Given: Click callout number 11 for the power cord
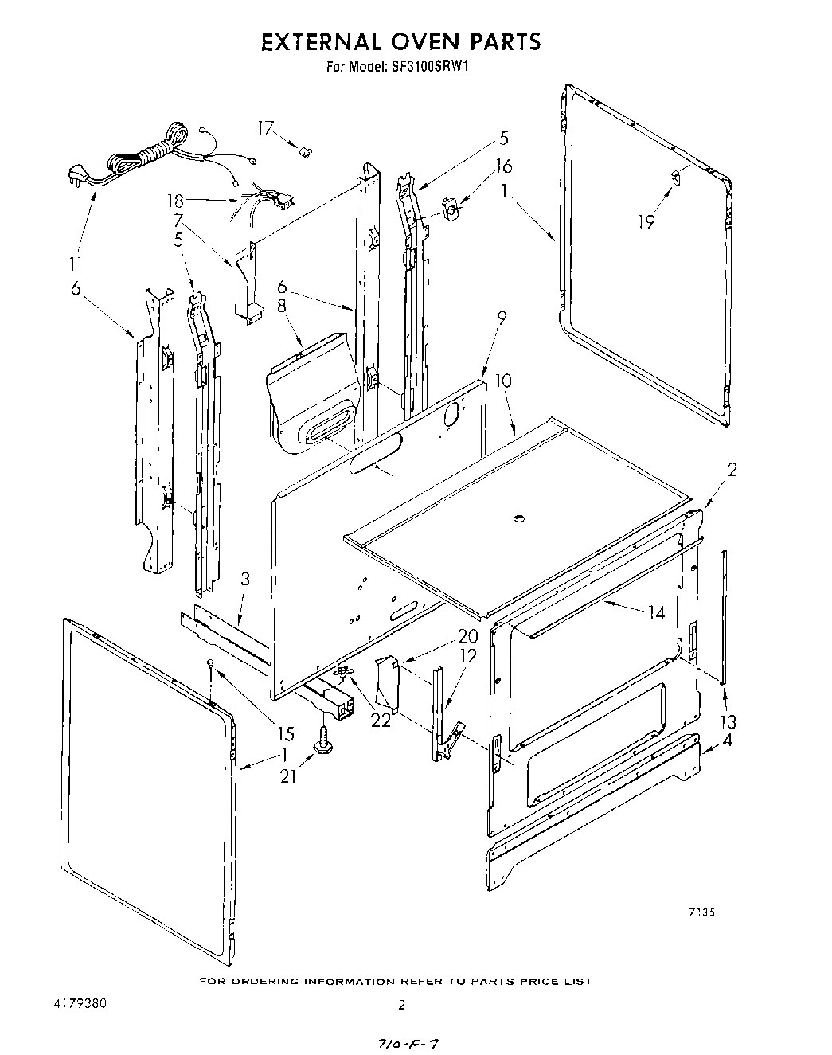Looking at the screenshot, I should [x=78, y=264].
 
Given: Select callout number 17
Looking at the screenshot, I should [x=265, y=128].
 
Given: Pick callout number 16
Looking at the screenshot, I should [x=503, y=166].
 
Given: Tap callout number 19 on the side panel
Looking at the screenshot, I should [x=646, y=221].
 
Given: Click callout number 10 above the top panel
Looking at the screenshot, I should [x=503, y=381].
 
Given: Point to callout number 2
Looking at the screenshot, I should [x=732, y=469].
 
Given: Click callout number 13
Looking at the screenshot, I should [x=727, y=721].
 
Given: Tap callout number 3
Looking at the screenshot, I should [x=245, y=580].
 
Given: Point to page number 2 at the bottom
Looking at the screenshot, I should [x=403, y=1006].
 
